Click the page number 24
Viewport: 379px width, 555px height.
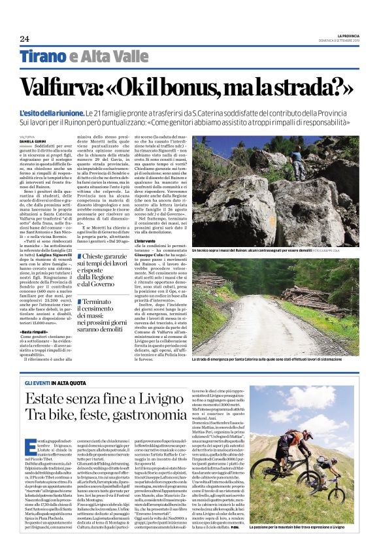coord(25,39)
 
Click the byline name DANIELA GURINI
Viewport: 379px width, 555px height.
coord(33,141)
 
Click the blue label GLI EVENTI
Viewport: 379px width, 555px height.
coord(38,382)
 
